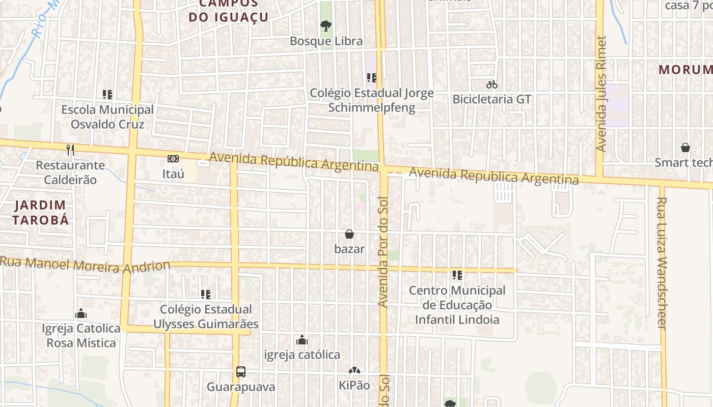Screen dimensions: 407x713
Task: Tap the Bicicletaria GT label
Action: click(x=491, y=99)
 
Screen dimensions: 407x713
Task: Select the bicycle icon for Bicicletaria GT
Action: click(x=491, y=84)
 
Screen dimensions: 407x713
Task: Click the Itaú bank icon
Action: click(x=173, y=159)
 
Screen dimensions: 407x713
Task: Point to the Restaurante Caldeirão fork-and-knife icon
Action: click(x=70, y=150)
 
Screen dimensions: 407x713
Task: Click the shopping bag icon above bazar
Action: click(x=349, y=234)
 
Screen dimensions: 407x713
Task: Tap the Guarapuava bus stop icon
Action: click(x=241, y=372)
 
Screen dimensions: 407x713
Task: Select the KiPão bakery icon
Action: click(x=354, y=371)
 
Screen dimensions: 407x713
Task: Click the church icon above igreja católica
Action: click(x=302, y=340)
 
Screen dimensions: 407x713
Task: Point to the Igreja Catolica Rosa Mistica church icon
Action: click(x=81, y=313)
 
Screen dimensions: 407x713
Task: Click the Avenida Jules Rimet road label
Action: click(x=601, y=94)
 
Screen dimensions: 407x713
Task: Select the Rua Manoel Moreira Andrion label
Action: click(x=86, y=265)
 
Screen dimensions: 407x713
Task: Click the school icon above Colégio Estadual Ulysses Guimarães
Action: click(x=206, y=294)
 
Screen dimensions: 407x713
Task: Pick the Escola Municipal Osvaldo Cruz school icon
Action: click(x=107, y=94)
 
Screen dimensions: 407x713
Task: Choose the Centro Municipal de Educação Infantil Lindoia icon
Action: click(x=457, y=275)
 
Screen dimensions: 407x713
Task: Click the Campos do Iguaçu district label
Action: click(x=229, y=11)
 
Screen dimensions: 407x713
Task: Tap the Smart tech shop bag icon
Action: click(x=685, y=148)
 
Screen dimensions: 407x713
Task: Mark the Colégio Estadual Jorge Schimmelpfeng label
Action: click(x=372, y=100)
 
